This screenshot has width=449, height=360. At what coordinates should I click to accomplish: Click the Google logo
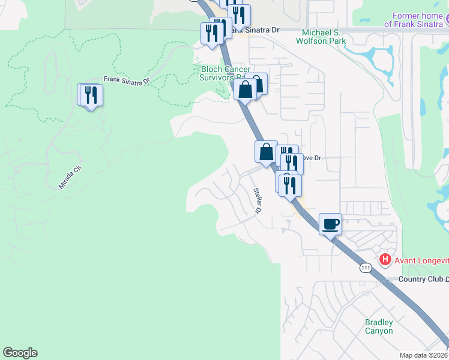pos(20,353)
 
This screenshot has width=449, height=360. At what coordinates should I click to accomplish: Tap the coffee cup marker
pos(330,224)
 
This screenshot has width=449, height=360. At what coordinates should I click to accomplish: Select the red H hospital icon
pos(385,260)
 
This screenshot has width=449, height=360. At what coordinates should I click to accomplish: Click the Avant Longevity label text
pos(421,260)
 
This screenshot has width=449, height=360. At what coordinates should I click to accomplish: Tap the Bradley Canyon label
pos(379,326)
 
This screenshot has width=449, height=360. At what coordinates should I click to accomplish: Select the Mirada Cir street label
pos(69,178)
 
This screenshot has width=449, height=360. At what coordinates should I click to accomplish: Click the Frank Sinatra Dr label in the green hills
pos(125,80)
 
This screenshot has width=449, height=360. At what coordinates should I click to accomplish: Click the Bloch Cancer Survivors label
pos(222,73)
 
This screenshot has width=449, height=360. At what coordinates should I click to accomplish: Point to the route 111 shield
pos(365,268)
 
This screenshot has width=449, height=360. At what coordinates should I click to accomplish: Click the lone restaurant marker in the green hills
pos(91,95)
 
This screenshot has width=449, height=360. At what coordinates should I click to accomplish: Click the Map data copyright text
pos(424,355)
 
